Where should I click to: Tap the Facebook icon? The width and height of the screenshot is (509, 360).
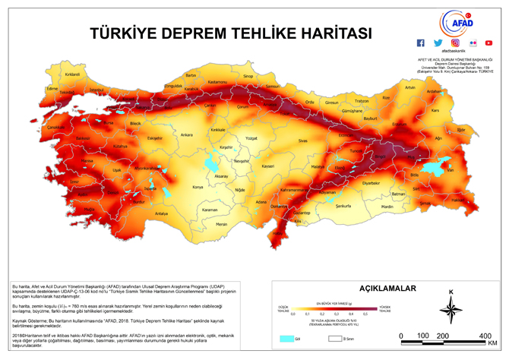click(421, 43)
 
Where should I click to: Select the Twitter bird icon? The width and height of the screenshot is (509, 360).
click(438, 43)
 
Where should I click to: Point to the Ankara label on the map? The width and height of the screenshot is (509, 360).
click(185, 135)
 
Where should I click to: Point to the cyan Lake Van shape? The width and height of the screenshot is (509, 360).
click(432, 167)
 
